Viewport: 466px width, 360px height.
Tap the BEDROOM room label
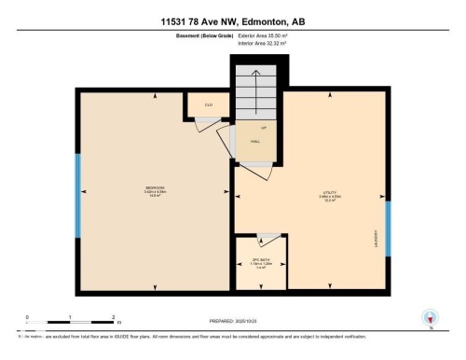click(x=155, y=189)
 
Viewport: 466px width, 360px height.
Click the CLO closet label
click(x=209, y=105)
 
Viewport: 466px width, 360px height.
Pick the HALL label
click(x=254, y=143)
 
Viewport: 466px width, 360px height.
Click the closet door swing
click(x=203, y=125)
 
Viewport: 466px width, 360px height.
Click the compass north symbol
click(x=430, y=319)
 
